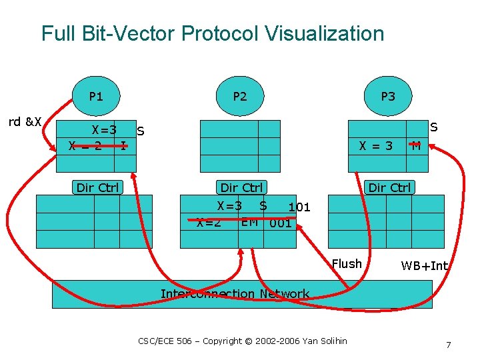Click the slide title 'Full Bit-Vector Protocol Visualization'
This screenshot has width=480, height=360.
(213, 33)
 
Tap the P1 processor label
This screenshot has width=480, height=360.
(96, 97)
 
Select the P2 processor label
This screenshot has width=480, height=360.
(239, 97)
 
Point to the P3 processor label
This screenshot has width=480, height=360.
(387, 97)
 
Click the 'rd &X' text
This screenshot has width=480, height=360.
(25, 122)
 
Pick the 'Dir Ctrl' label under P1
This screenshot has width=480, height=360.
(97, 187)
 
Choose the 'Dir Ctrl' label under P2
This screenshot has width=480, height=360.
(241, 187)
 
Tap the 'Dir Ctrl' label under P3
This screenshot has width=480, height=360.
(390, 187)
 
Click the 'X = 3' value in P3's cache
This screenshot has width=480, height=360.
(376, 145)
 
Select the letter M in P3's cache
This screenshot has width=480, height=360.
(416, 145)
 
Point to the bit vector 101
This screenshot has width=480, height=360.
(299, 207)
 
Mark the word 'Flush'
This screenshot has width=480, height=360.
(347, 264)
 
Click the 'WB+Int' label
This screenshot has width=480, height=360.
(425, 266)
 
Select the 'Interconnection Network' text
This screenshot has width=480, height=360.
(235, 294)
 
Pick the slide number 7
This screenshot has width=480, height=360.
(449, 345)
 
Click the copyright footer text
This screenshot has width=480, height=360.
(243, 341)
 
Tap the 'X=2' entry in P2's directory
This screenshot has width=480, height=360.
(209, 223)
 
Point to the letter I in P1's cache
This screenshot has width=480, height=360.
(123, 145)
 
